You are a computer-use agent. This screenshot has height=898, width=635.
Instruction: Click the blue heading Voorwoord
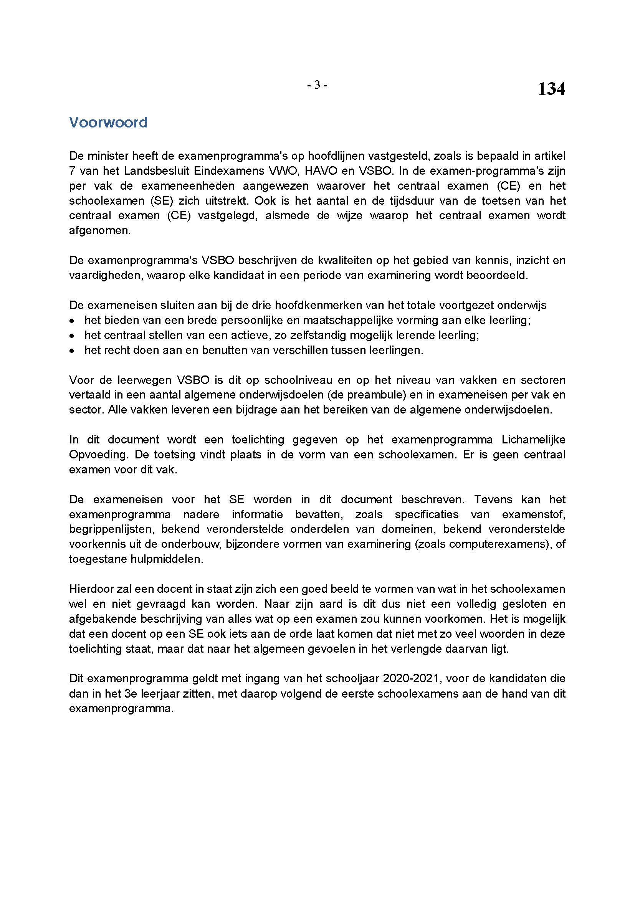click(x=108, y=122)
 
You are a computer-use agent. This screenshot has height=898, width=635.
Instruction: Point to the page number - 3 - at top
click(x=317, y=84)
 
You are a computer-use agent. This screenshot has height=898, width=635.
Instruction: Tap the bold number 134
click(x=551, y=89)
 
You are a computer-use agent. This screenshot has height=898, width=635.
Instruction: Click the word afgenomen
click(x=100, y=230)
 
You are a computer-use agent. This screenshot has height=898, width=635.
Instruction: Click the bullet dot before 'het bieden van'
click(x=71, y=321)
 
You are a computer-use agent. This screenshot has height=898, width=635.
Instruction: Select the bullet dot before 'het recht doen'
click(x=71, y=351)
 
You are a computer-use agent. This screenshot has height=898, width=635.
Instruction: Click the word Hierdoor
click(x=92, y=589)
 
